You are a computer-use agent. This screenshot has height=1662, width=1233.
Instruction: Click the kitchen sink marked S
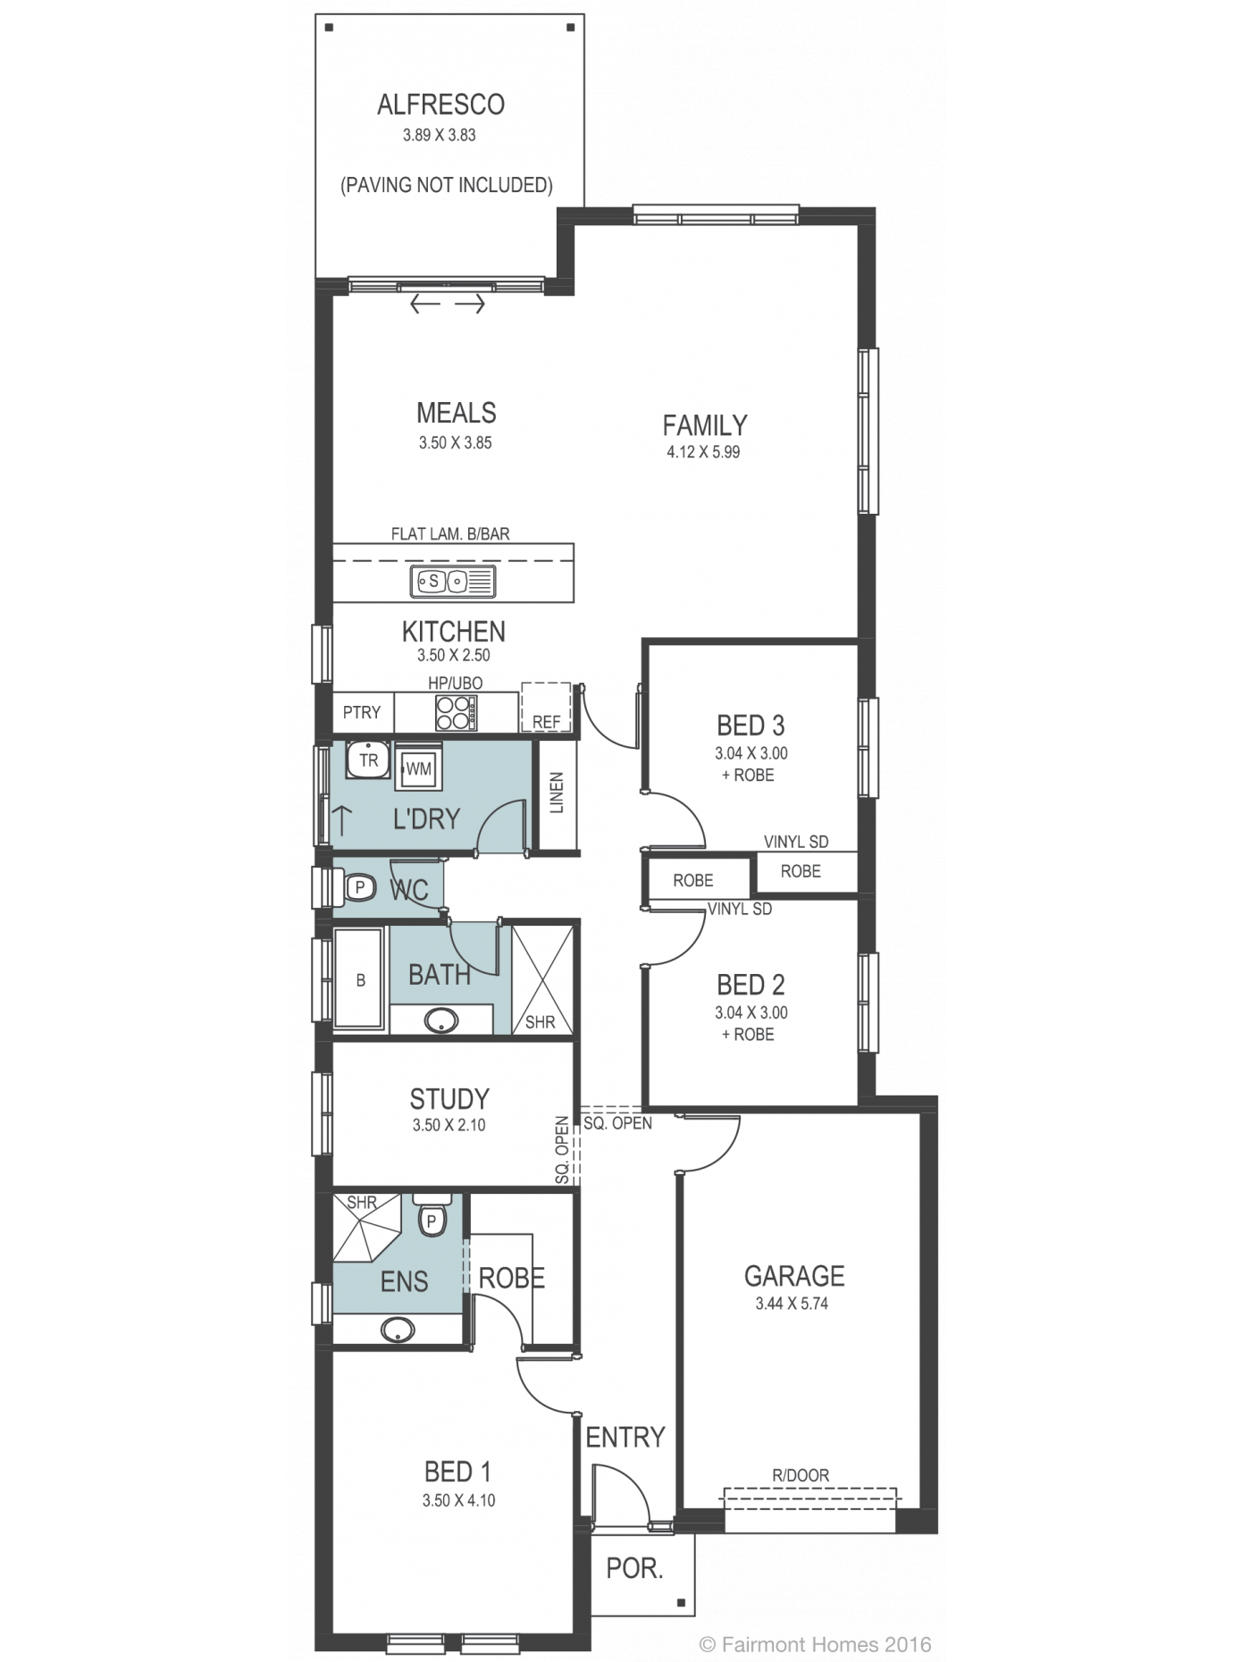point(453,581)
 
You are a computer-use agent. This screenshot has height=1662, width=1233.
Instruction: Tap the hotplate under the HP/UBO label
point(456,713)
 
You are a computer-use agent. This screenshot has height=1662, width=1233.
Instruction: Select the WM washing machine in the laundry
point(418,768)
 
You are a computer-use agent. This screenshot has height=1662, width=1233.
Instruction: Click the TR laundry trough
point(368,760)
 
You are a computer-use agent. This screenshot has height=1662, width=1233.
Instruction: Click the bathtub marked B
point(359,978)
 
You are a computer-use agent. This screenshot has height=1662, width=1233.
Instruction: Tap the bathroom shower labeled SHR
point(541,980)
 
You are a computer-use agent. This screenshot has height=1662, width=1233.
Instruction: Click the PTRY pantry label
point(362,712)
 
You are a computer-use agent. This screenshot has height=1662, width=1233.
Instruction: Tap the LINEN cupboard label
point(557,793)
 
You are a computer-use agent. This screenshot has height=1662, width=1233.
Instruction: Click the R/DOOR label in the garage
point(801,1475)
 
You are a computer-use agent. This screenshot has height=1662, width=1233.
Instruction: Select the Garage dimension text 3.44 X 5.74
point(792,1304)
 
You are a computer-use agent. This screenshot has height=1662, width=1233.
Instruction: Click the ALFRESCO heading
point(440,105)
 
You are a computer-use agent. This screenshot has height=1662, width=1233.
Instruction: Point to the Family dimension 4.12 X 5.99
point(703,452)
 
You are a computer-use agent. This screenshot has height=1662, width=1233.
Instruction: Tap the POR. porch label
point(634,1568)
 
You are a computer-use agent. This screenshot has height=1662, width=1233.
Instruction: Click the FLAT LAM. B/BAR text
point(450,534)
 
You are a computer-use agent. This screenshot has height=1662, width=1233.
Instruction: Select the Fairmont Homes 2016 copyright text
point(816,1644)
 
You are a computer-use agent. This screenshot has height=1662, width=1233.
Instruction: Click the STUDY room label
point(449,1098)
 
